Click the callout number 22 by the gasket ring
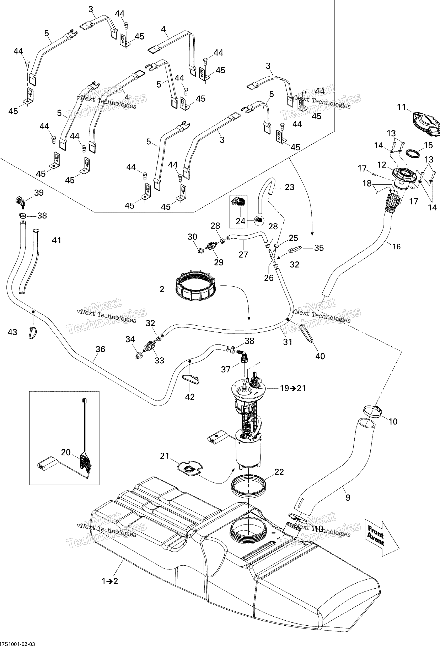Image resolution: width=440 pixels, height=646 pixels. [x=279, y=472]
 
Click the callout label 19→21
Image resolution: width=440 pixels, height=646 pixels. [x=293, y=388]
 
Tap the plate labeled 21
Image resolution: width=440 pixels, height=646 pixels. [x=190, y=470]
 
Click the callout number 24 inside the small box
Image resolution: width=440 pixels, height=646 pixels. [x=240, y=221]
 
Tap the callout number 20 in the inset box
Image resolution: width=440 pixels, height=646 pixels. [x=66, y=452]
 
